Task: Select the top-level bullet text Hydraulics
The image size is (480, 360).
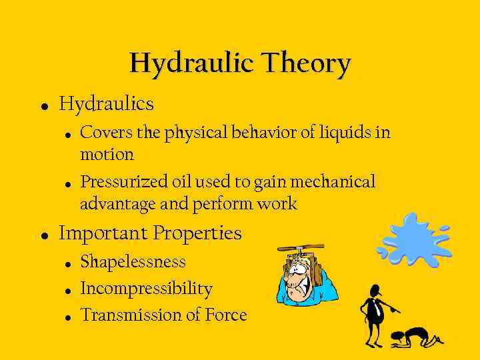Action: [x=107, y=104]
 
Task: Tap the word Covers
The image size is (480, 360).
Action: [x=106, y=133]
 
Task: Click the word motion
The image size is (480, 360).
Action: [x=107, y=155]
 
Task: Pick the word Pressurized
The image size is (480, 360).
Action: [x=125, y=182]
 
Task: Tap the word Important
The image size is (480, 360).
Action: [x=103, y=233]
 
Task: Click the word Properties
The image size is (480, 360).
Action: [x=197, y=233]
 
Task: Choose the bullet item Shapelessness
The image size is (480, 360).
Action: [x=133, y=262]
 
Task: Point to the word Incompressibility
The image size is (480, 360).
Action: [x=146, y=289]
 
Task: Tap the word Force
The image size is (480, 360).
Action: [x=225, y=315]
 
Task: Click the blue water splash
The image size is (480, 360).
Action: [x=414, y=241]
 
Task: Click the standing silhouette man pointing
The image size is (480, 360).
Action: [x=375, y=313]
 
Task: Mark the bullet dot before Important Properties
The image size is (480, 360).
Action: [x=44, y=235]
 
